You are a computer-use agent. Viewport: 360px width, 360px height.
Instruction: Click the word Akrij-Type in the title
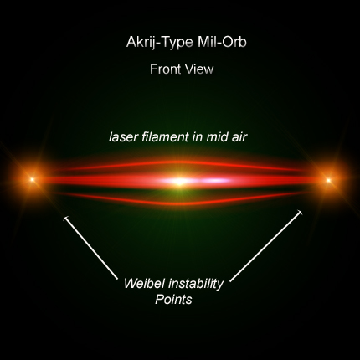tap(160, 43)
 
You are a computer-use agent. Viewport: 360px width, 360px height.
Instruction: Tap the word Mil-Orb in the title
tap(222, 42)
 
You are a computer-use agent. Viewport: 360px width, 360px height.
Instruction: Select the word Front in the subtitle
tap(164, 69)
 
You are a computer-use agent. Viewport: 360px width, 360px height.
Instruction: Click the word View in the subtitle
tap(198, 69)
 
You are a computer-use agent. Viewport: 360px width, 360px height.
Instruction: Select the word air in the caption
tap(239, 137)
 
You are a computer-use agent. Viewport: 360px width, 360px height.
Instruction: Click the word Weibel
tap(145, 283)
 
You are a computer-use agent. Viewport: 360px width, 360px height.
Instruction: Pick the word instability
tap(196, 285)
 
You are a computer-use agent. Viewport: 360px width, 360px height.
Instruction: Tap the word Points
tap(173, 300)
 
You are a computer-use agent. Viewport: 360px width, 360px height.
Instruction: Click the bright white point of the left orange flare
tap(33, 179)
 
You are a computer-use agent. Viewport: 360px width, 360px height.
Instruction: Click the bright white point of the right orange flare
tap(329, 180)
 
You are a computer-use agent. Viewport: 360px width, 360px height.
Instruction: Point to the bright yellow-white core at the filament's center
tap(180, 182)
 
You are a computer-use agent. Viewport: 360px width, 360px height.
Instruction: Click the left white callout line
tap(91, 248)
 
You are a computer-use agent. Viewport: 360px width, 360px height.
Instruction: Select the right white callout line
tap(266, 245)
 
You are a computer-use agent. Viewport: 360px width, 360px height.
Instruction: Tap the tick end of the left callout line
tap(66, 219)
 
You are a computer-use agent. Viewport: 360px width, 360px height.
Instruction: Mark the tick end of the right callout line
tap(300, 213)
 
